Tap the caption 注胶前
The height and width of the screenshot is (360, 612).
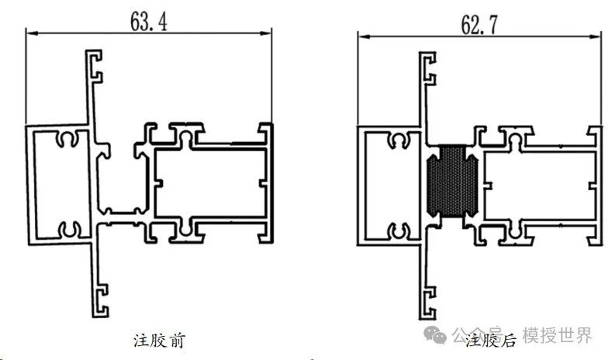[158, 340]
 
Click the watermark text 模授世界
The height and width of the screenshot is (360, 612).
[557, 335]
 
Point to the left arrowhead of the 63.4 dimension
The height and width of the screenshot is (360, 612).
[31, 32]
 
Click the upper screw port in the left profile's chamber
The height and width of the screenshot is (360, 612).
[67, 140]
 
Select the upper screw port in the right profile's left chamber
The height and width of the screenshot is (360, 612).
[400, 141]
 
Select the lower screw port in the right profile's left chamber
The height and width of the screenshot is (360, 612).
[400, 230]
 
